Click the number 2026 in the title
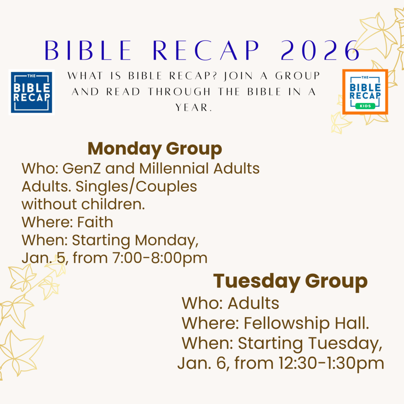[320, 50]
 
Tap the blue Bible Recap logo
[32, 92]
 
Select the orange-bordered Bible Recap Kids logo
[365, 92]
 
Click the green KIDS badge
[365, 106]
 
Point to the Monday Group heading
[155, 149]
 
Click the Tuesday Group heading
[290, 281]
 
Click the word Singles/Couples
[136, 187]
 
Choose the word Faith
[95, 222]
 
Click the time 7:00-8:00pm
[160, 258]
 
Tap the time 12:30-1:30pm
[331, 363]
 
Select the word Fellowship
[287, 323]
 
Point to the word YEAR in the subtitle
[194, 107]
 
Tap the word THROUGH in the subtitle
[179, 92]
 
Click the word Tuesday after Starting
[345, 344]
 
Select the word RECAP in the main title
[206, 50]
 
